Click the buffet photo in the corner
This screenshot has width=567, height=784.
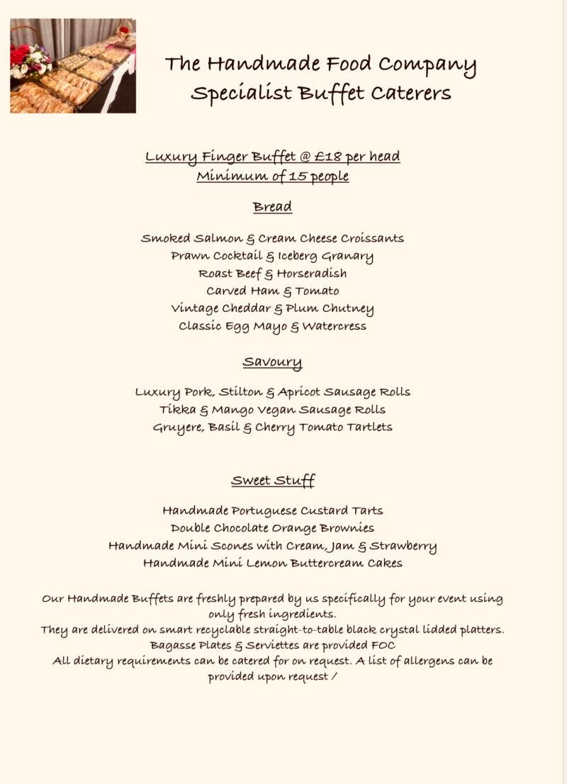click(x=73, y=66)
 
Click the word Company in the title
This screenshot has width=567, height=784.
click(x=427, y=65)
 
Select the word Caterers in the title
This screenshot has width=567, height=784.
click(x=412, y=94)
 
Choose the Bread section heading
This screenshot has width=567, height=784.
click(x=272, y=207)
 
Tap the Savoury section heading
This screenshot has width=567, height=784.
click(x=272, y=362)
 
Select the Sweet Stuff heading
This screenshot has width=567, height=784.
click(x=273, y=481)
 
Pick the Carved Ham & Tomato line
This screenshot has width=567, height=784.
click(x=273, y=291)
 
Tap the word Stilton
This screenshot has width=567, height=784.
click(x=241, y=392)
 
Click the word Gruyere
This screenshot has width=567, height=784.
click(x=178, y=428)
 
